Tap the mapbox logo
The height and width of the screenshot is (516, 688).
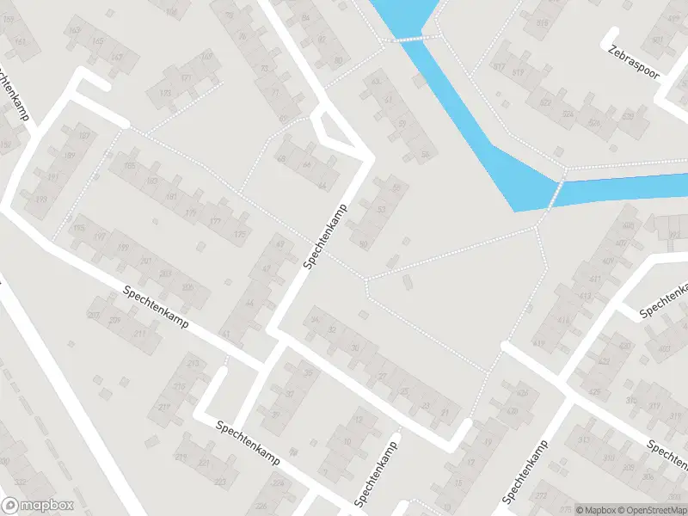pyautogui.click(x=38, y=506)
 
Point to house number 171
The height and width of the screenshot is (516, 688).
pyautogui.click(x=186, y=77)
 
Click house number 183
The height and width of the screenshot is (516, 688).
pyautogui.click(x=152, y=181)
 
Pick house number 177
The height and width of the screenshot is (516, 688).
pyautogui.click(x=215, y=221)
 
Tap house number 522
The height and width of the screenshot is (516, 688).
pyautogui.click(x=544, y=102)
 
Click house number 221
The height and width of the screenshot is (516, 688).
pyautogui.click(x=204, y=463)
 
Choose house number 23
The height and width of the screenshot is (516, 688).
pyautogui.click(x=425, y=404)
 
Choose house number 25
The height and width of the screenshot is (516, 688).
pyautogui.click(x=403, y=390)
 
